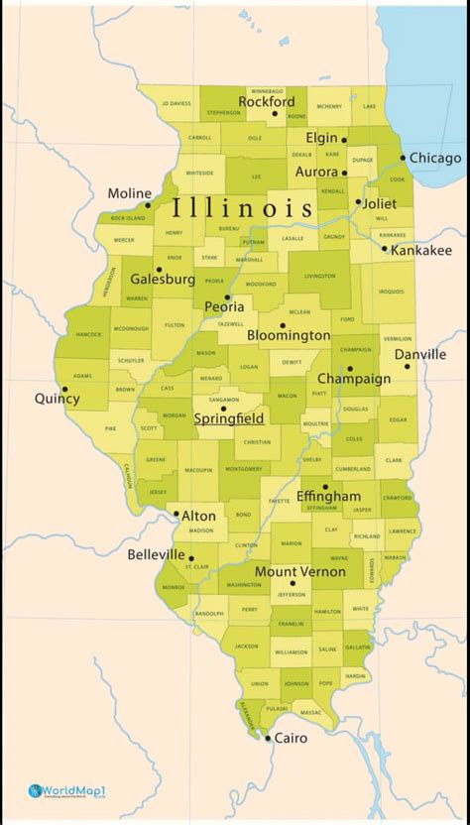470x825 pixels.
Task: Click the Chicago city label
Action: (435, 158)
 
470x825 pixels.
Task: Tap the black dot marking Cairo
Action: (268, 737)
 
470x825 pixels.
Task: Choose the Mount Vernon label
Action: (300, 571)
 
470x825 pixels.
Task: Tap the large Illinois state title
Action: (243, 209)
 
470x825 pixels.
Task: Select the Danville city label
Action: (419, 354)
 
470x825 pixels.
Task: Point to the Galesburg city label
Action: (163, 280)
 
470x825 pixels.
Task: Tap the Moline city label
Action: (130, 193)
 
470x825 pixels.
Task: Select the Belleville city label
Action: (156, 554)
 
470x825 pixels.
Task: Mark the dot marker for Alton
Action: (176, 515)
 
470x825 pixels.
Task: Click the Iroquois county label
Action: (391, 292)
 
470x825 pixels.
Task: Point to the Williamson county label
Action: (291, 652)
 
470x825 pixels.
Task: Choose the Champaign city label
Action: (354, 379)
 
